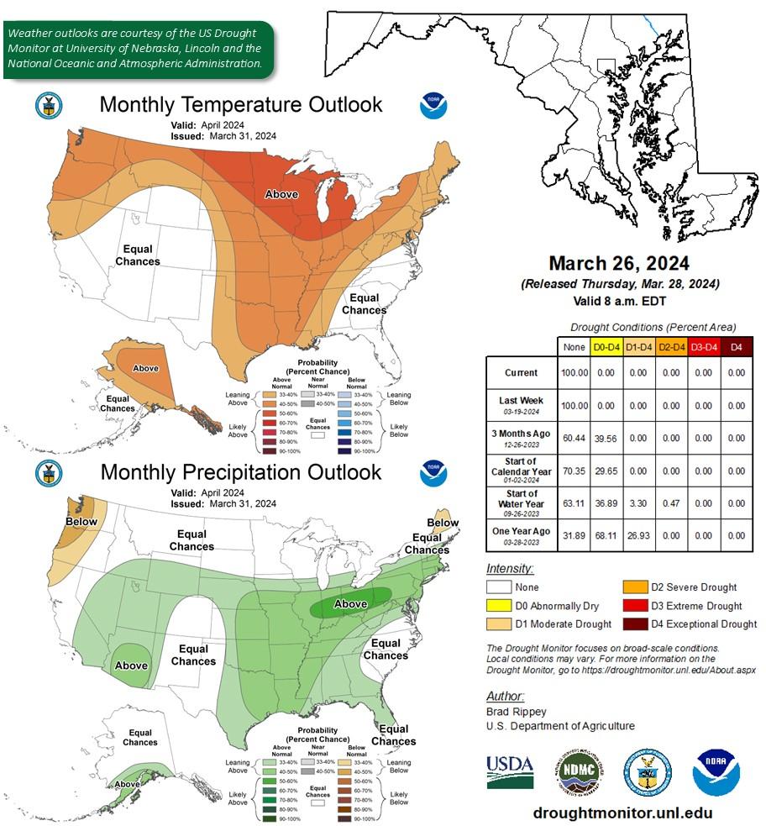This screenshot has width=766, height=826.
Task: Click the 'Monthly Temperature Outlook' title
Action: coord(240,104)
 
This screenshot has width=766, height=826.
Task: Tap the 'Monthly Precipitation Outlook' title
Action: coord(240,472)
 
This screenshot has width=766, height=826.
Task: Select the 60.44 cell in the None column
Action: coord(575,438)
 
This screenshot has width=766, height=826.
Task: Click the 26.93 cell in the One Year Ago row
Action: coord(641,535)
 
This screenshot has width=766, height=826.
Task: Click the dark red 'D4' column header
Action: coord(737,346)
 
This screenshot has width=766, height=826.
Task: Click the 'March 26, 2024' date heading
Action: coord(620,263)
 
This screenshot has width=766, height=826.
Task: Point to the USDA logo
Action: coord(510,771)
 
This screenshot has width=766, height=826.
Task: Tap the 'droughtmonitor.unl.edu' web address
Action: coord(622,813)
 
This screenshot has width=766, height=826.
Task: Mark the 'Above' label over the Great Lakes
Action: coord(281,194)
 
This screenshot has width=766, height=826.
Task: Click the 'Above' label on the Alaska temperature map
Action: coord(146,368)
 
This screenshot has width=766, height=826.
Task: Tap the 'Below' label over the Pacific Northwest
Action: coord(81,522)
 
